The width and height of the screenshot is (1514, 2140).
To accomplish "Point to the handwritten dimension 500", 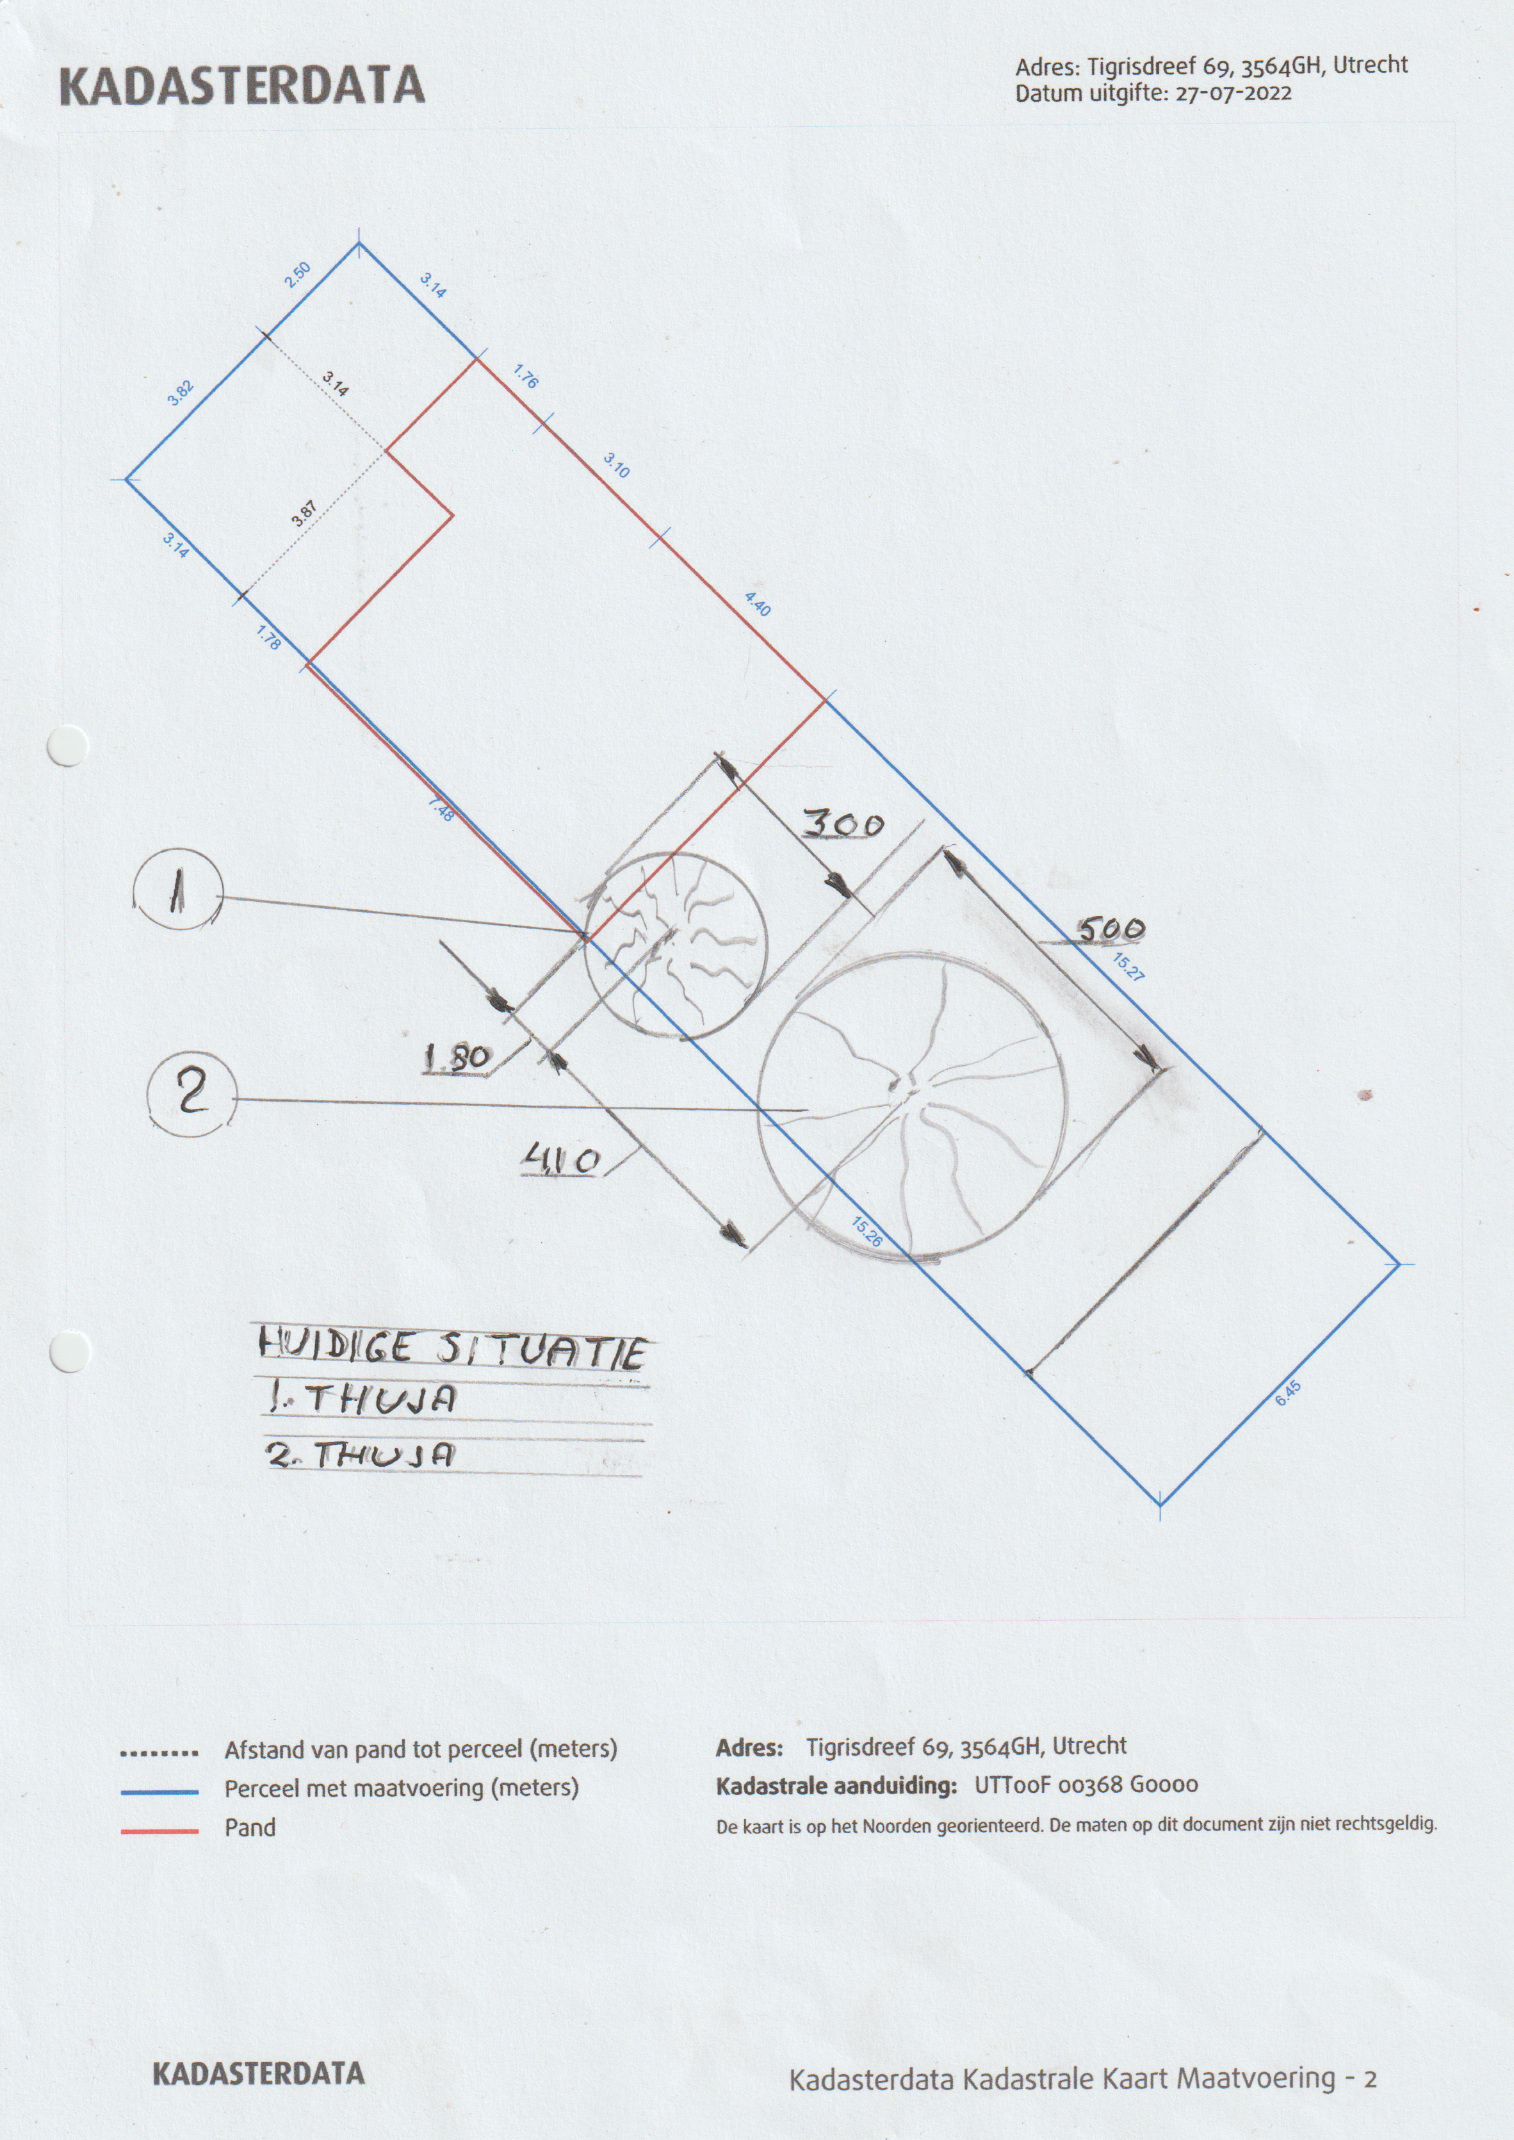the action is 1111,929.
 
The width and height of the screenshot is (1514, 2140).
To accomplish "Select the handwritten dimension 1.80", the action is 457,1058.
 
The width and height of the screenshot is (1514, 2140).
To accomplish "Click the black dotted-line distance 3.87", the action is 304,514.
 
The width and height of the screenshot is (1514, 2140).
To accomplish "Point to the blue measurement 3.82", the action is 180,393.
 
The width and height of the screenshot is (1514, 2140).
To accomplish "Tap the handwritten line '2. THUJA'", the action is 362,1455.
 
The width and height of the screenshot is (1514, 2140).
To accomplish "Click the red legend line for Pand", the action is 159,1831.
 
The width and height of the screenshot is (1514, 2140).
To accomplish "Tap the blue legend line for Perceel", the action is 159,1792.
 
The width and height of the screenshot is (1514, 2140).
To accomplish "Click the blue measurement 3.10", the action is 616,464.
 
